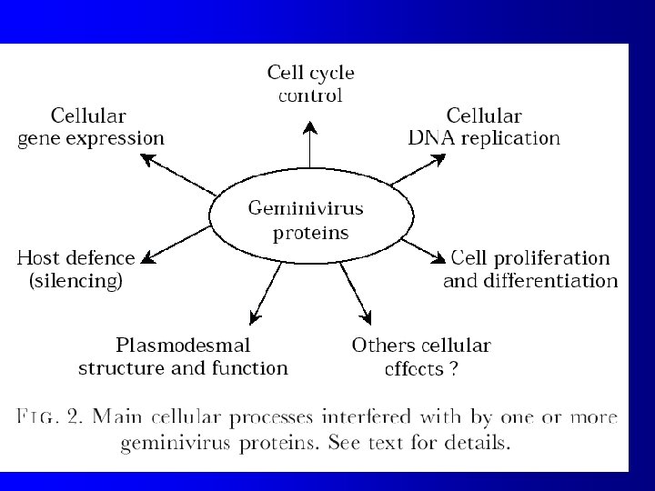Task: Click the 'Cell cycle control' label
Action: pyautogui.click(x=310, y=83)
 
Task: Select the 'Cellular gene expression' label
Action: pyautogui.click(x=91, y=127)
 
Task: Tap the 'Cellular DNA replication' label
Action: pyautogui.click(x=483, y=127)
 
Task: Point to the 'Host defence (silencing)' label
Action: pyautogui.click(x=76, y=269)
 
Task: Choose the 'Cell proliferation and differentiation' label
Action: pyautogui.click(x=530, y=269)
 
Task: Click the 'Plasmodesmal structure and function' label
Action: pyautogui.click(x=183, y=356)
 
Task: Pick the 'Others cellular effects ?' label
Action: pyautogui.click(x=421, y=356)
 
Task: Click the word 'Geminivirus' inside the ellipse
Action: pyautogui.click(x=307, y=208)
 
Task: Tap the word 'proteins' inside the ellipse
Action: pyautogui.click(x=311, y=232)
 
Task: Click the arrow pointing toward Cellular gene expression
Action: pyautogui.click(x=179, y=174)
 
